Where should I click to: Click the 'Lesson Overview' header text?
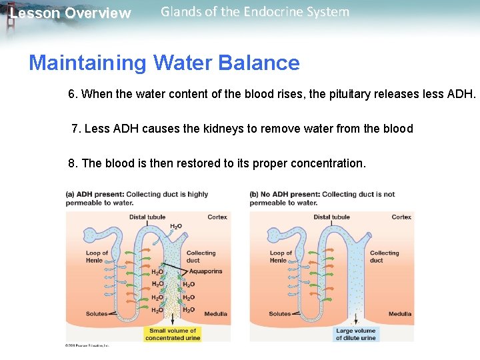tap(70, 13)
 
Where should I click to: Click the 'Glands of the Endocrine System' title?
tap(255, 12)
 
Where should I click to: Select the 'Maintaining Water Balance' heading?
tap(164, 63)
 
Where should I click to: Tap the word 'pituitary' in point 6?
tap(351, 95)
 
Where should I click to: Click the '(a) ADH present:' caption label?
tap(94, 195)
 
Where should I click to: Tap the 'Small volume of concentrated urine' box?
tap(173, 334)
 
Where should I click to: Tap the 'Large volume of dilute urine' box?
tap(356, 334)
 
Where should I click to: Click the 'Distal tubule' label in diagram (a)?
tap(147, 217)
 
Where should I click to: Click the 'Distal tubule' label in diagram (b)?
tap(331, 217)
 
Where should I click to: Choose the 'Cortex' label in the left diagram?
tap(217, 217)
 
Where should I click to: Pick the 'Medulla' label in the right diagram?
tap(400, 314)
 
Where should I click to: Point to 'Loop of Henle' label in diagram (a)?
tap(97, 257)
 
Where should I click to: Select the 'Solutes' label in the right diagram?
tap(280, 314)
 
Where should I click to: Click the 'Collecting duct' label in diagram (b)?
tap(384, 257)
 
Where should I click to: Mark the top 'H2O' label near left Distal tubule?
tap(176, 227)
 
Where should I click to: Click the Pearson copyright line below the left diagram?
tap(87, 345)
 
